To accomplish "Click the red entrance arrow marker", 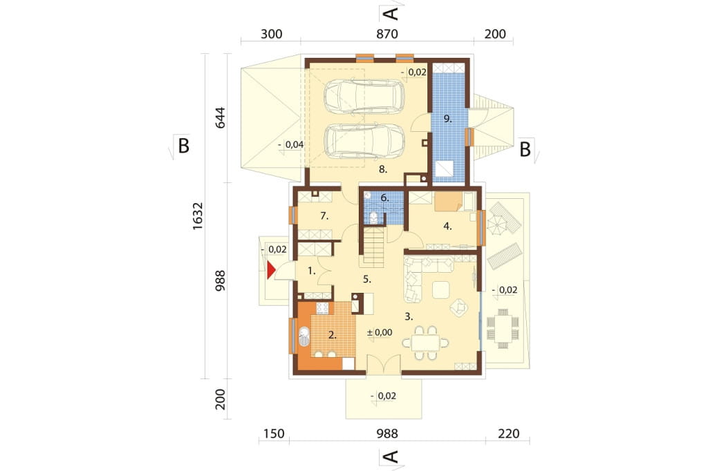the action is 271,270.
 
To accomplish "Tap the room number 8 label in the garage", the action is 383,170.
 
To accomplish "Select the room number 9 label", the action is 447,119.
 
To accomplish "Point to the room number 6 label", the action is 384,198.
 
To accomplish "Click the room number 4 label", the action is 447,227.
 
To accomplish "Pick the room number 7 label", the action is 324,216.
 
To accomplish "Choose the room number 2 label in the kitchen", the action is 333,335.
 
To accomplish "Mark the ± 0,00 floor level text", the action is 380,332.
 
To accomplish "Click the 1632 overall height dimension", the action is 198,216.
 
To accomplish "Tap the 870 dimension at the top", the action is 387,35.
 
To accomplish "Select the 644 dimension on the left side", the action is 220,117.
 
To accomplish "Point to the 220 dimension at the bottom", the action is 509,434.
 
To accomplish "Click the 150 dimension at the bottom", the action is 274,434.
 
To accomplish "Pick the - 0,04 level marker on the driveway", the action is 291,145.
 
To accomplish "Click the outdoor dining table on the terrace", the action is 503,329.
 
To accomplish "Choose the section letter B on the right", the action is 525,149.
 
